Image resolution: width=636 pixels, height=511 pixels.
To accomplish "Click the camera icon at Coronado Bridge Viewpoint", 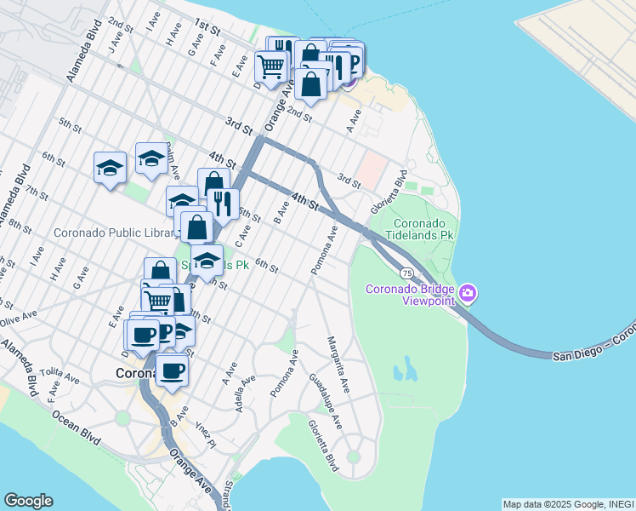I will point(468,295).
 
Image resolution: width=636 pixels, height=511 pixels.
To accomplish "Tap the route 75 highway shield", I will point(408,273).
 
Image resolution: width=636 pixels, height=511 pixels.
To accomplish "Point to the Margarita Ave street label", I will point(338,365).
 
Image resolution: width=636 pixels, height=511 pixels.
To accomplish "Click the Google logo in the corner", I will point(28,501).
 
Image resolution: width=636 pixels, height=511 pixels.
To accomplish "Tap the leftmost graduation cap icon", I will point(111,167).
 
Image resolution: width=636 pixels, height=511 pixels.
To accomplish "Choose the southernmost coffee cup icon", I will point(172,370).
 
